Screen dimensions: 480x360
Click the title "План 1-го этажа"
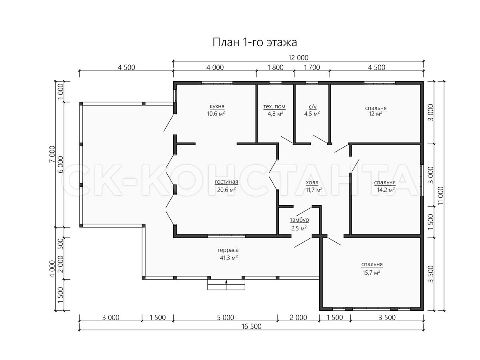point(254,42)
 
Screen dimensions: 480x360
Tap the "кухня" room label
point(217,106)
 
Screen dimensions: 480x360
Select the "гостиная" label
point(226,182)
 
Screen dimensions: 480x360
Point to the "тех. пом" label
point(274,106)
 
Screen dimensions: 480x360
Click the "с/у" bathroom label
point(312,106)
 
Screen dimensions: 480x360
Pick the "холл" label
point(312,182)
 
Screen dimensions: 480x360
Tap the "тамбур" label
point(299,220)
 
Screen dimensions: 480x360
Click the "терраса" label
point(228,250)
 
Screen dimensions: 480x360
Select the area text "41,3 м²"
point(229,258)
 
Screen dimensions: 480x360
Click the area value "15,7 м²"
point(371,272)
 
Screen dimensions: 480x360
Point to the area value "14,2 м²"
point(386,190)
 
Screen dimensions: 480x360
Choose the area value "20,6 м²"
point(226,190)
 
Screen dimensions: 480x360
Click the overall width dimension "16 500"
point(251,326)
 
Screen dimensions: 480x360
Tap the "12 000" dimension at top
point(298,58)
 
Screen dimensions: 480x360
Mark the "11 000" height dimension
point(441,196)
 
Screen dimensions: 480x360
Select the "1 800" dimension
point(275,67)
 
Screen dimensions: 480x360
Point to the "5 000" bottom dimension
point(226,317)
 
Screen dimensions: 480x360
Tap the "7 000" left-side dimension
point(52,154)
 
